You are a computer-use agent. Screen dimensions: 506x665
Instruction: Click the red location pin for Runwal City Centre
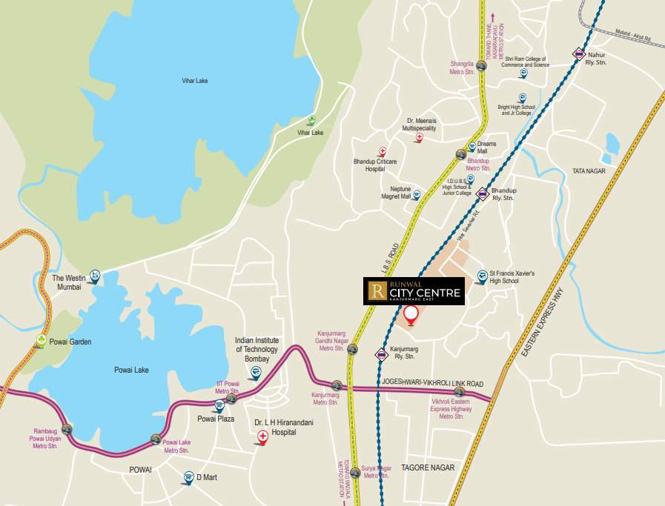pyautogui.click(x=410, y=314)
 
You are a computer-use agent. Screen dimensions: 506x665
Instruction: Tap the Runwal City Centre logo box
pyautogui.click(x=414, y=291)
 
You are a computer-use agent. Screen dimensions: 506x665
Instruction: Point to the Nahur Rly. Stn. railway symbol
pyautogui.click(x=578, y=53)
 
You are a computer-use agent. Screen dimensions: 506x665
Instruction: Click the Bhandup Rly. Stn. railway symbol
pyautogui.click(x=483, y=194)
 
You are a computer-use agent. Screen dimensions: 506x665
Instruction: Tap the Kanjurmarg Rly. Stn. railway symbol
pyautogui.click(x=381, y=355)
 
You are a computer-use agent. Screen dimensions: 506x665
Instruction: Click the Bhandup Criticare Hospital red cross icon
pyautogui.click(x=383, y=150)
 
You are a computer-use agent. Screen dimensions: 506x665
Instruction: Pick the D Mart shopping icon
pyautogui.click(x=188, y=477)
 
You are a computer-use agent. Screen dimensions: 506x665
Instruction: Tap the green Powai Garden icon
pyautogui.click(x=42, y=341)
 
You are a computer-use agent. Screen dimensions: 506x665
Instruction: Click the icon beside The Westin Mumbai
pyautogui.click(x=94, y=276)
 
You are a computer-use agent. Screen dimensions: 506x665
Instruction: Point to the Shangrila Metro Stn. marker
pyautogui.click(x=481, y=66)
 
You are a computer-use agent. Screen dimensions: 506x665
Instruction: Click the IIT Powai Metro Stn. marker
pyautogui.click(x=231, y=399)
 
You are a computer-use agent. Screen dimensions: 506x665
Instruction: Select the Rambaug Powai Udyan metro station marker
pyautogui.click(x=67, y=428)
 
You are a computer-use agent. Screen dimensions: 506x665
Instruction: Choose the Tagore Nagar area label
pyautogui.click(x=427, y=467)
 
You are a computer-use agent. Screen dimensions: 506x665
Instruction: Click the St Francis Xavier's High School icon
pyautogui.click(x=482, y=277)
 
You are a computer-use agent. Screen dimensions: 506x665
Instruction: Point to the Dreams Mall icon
pyautogui.click(x=472, y=147)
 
